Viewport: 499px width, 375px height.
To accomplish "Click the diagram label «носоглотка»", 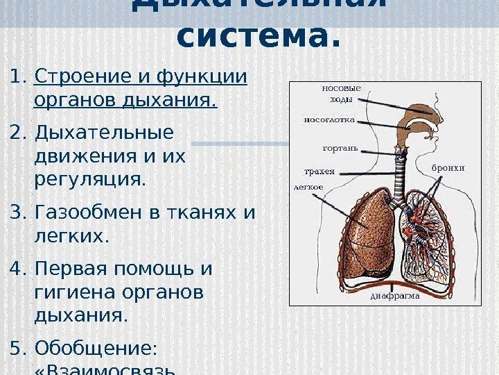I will [x=329, y=119].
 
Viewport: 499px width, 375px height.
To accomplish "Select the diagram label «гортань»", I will [x=340, y=148].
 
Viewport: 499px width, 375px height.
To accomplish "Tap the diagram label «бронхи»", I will [x=448, y=168].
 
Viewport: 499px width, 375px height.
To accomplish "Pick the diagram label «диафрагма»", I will [x=396, y=295].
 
